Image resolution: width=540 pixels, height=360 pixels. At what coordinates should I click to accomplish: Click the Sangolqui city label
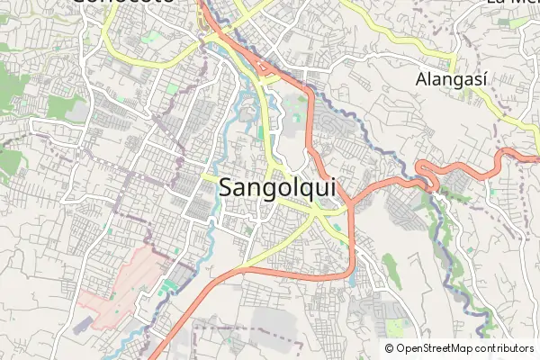click(x=277, y=189)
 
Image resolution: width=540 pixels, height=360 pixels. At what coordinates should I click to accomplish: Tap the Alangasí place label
click(x=451, y=80)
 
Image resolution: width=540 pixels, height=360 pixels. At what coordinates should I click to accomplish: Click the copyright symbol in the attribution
click(x=389, y=348)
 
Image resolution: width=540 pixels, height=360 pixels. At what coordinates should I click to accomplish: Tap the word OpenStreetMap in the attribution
click(x=436, y=348)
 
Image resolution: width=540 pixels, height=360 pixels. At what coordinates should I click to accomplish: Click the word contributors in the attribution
click(x=505, y=348)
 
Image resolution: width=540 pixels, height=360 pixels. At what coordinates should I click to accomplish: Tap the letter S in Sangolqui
click(x=228, y=189)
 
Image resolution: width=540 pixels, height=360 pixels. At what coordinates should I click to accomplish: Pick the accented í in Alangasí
click(x=483, y=79)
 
